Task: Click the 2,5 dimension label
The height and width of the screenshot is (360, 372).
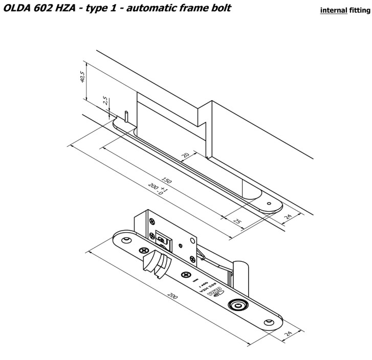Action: click(x=105, y=101)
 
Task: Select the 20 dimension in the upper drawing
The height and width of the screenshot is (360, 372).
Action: click(x=185, y=155)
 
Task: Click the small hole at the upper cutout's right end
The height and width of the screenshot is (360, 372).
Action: click(x=269, y=203)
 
